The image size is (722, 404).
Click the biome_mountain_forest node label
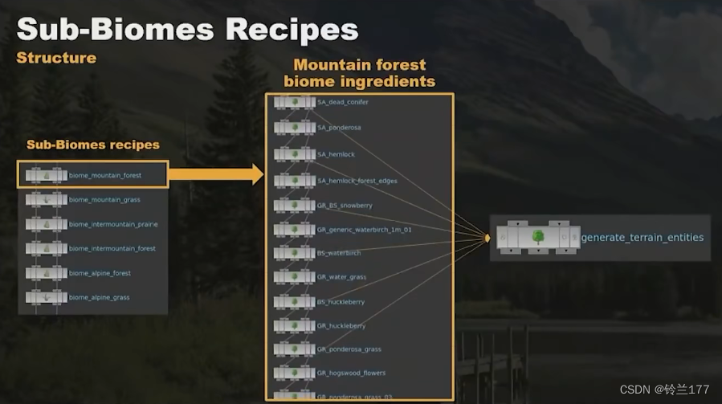pos(105,175)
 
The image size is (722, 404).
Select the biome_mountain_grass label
pos(104,199)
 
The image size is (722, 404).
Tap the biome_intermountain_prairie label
pos(113,224)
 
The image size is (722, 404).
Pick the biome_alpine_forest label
pos(100,273)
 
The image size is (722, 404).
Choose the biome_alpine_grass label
pos(99,297)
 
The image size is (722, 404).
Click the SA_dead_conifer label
pos(343,102)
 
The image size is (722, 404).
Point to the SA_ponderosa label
pos(339,128)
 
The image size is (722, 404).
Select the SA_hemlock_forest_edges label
pos(357,181)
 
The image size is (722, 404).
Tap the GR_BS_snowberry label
pos(345,206)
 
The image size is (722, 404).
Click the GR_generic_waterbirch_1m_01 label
pos(364,230)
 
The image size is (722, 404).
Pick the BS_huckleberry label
pos(341,302)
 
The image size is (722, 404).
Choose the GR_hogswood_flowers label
pos(351,373)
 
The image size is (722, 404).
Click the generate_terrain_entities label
pos(642,238)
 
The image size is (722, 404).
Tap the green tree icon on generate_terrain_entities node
pos(538,238)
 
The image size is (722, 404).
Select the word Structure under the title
pos(56,58)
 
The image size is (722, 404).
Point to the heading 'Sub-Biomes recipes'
pos(93,145)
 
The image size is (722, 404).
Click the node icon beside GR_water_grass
pos(294,277)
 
